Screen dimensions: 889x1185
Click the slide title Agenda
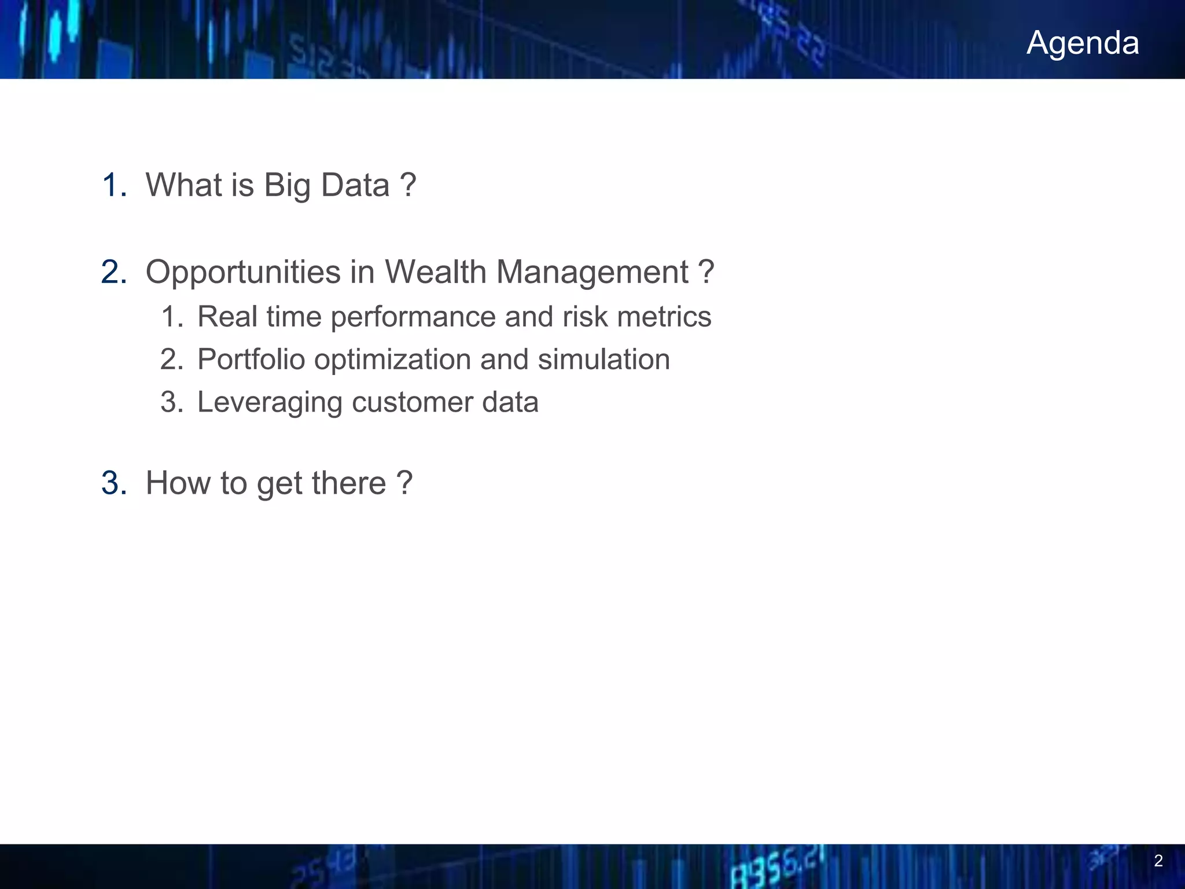coord(1083,43)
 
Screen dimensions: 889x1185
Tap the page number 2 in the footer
coord(1158,861)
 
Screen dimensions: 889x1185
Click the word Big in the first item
coord(287,186)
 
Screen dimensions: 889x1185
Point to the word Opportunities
coord(243,273)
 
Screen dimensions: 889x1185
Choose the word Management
coord(592,273)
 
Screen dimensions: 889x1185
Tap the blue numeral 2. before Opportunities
coord(113,272)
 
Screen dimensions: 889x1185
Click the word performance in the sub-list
coord(413,317)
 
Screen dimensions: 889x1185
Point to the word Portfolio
coord(251,359)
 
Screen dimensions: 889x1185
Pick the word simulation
coord(603,359)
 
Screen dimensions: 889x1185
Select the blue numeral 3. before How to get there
coord(113,483)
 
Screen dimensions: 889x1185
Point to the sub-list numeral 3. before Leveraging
coord(171,402)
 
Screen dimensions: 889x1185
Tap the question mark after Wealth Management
coord(706,272)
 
